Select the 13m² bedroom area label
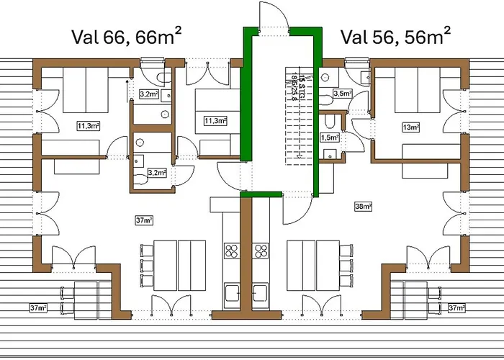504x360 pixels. pos(411,127)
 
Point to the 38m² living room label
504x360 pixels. pos(363,207)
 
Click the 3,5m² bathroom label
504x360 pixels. pos(342,94)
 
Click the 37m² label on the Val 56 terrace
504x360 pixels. pos(456,308)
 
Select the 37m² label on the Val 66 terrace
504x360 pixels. pos(38,308)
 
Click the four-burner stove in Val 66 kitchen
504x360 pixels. pos(233,251)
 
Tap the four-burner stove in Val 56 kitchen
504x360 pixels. pos(260,251)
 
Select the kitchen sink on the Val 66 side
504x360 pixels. pos(233,292)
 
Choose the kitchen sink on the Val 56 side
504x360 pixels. pos(261,292)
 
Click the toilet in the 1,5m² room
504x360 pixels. pos(328,152)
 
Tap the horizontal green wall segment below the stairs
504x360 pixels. pos(260,194)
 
